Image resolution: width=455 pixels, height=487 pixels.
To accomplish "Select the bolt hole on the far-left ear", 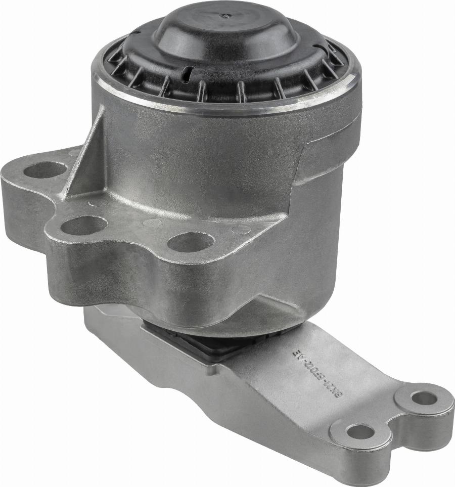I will coord(45,170).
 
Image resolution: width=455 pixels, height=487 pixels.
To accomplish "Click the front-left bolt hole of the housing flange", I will coord(84,226).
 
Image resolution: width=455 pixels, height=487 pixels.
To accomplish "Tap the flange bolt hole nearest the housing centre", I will coord(190,242).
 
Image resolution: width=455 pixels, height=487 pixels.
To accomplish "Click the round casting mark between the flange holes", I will coord(152,222).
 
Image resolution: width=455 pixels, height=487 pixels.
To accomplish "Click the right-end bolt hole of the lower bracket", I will coord(424,398).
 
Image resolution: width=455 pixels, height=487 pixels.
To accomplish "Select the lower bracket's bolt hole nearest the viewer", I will coord(360,432).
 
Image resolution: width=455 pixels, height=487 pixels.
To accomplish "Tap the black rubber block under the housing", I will coord(202,343).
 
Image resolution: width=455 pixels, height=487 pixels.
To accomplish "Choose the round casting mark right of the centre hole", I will coord(241,229).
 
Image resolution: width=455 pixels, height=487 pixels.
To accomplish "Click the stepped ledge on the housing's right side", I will coord(324,162).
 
